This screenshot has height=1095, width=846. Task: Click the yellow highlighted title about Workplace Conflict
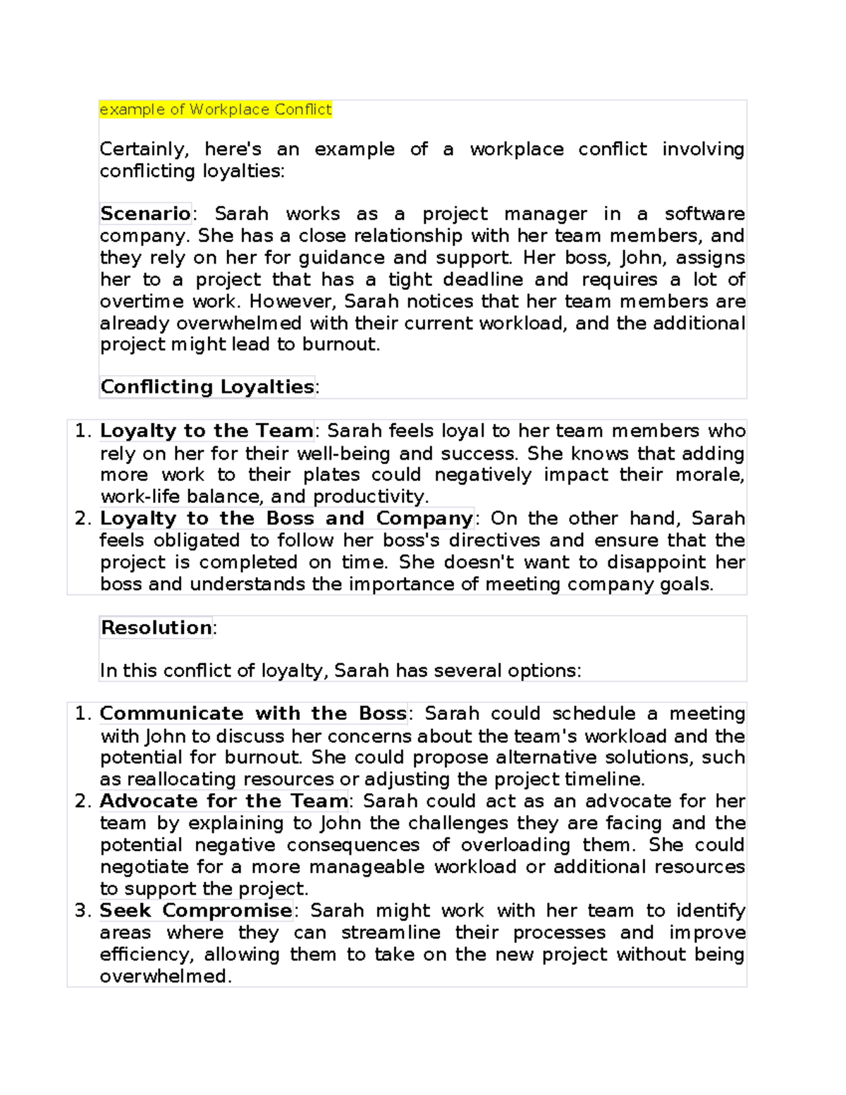coord(215,109)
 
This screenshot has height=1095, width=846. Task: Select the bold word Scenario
coord(145,213)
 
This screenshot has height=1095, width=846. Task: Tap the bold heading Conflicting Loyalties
coord(207,386)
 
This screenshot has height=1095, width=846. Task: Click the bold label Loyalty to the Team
coord(207,430)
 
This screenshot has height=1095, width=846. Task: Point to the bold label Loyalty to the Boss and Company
coord(286,518)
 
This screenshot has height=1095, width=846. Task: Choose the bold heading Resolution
coord(157,628)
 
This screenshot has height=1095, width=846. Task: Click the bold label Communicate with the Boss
coord(253,714)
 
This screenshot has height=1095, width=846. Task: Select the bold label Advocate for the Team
coord(224,801)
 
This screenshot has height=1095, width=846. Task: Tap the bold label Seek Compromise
coord(196,910)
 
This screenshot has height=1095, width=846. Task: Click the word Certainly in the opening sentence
coord(144,149)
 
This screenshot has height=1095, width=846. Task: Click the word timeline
coord(604,779)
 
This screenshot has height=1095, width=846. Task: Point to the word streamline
coord(391,932)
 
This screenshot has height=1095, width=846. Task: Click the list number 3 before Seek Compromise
coord(82,910)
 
